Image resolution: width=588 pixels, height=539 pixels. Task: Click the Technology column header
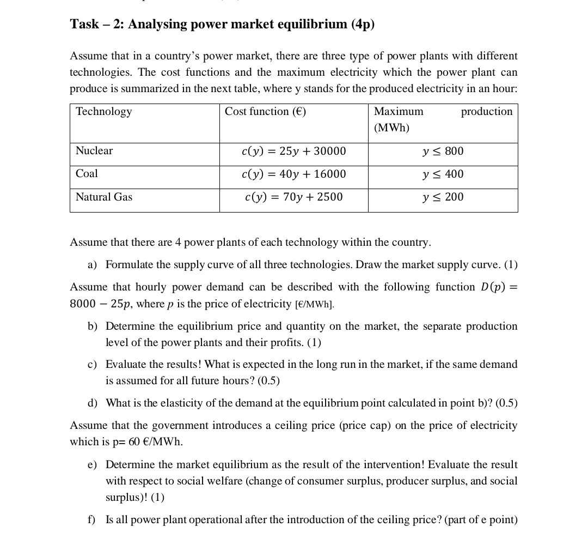(x=103, y=112)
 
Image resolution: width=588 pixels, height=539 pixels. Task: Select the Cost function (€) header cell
(x=265, y=112)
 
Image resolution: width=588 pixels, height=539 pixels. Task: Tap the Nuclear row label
(x=94, y=151)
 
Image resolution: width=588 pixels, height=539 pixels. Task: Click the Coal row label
(x=87, y=174)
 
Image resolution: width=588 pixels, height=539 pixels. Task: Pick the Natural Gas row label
(x=104, y=197)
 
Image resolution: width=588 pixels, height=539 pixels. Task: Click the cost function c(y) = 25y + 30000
(x=293, y=152)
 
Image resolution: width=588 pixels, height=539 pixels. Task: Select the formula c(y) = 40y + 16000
(x=293, y=174)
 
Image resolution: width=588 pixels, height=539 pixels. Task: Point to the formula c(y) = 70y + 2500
(x=293, y=197)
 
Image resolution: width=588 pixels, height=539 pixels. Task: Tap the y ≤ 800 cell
(x=443, y=152)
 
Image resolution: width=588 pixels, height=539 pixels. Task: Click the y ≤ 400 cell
(x=443, y=174)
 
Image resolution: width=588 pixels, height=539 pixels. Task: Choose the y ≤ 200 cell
(x=443, y=197)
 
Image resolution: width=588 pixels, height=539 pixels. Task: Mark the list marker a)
(x=92, y=265)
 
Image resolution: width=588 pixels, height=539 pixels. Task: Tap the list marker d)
(x=92, y=403)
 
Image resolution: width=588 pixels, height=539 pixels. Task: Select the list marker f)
(x=91, y=520)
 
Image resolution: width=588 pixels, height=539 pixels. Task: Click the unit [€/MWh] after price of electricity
(x=314, y=305)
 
